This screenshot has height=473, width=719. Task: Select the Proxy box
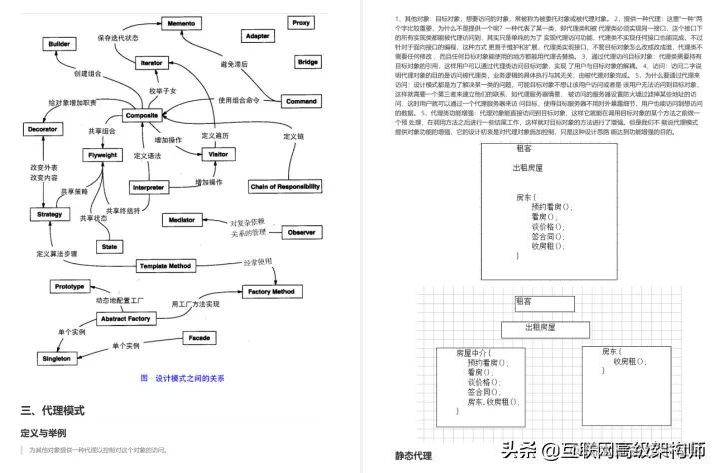click(300, 22)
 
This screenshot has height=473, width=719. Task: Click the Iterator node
click(151, 62)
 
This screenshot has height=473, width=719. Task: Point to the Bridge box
click(308, 62)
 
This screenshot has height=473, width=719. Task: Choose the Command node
click(301, 101)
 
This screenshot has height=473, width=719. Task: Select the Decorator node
click(42, 130)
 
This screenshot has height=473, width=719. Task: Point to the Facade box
click(199, 338)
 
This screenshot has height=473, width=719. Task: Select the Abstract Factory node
click(125, 318)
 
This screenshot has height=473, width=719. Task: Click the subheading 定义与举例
click(43, 433)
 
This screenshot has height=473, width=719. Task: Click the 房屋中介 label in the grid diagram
click(474, 353)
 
